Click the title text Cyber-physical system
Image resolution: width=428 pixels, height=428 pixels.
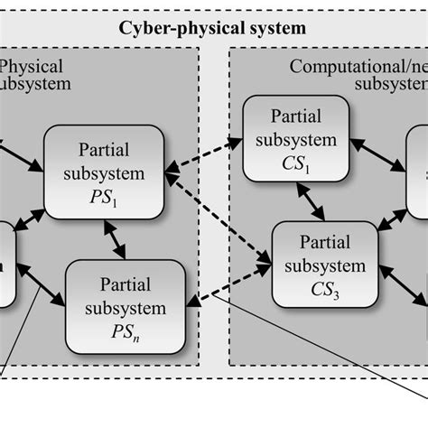(213, 28)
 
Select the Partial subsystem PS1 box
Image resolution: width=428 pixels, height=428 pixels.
(104, 172)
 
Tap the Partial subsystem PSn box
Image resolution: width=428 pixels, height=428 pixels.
(126, 308)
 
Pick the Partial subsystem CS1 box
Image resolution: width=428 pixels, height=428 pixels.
(294, 141)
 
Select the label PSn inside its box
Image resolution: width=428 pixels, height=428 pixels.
(126, 331)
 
